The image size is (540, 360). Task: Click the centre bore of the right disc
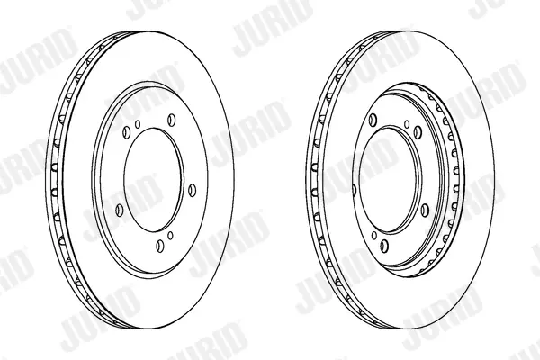pyautogui.click(x=389, y=180)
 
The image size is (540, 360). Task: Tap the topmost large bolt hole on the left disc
pyautogui.click(x=172, y=120)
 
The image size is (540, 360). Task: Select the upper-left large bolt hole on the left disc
pyautogui.click(x=126, y=132)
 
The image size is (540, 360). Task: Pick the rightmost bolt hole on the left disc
pyautogui.click(x=193, y=191)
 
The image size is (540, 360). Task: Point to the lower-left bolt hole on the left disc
pyautogui.click(x=120, y=210)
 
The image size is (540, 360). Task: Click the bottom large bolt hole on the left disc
pyautogui.click(x=159, y=246)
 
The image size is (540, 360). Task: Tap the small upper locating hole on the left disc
pyautogui.click(x=138, y=124)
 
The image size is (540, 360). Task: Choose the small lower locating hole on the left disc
pyautogui.click(x=170, y=235)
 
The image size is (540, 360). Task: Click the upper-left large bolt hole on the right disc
pyautogui.click(x=373, y=120)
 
